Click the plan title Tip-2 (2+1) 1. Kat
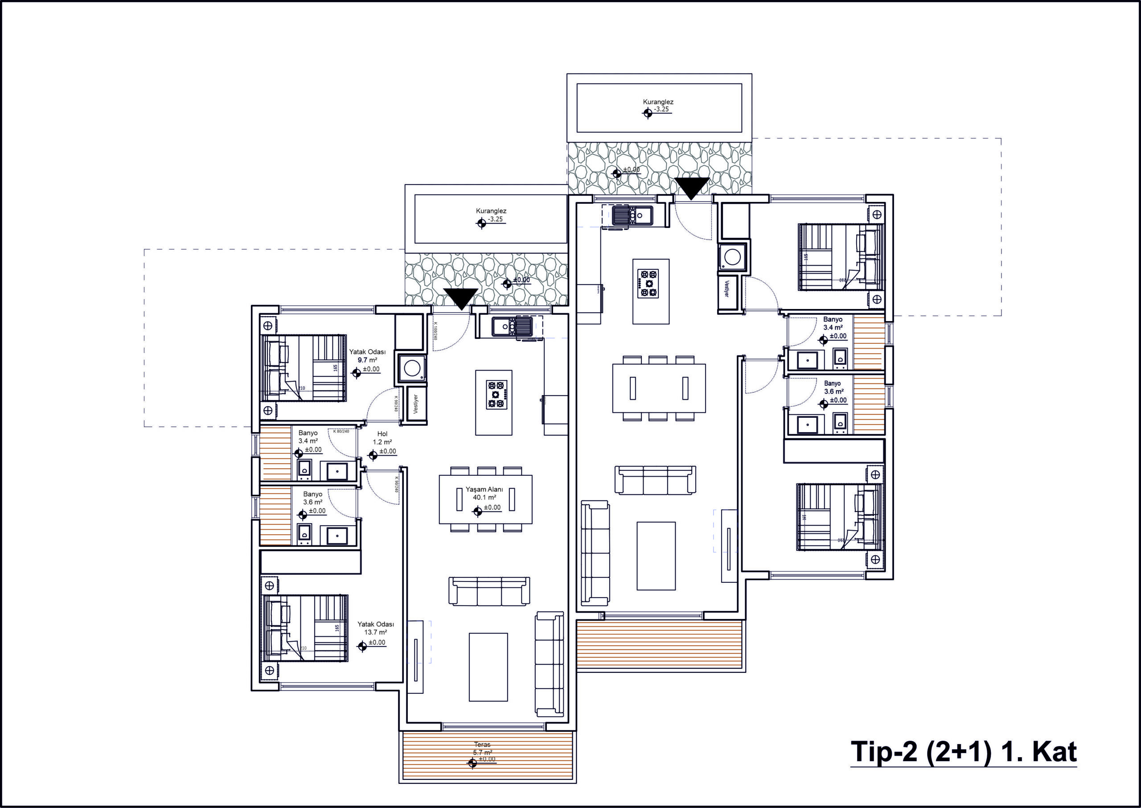click(964, 751)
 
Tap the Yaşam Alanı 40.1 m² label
click(484, 494)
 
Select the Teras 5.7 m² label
click(482, 749)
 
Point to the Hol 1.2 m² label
click(382, 438)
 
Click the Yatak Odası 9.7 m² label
click(367, 356)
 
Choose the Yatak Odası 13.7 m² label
click(375, 628)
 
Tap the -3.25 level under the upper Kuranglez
click(662, 109)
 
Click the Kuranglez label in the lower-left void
click(491, 211)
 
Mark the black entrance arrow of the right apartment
click(692, 188)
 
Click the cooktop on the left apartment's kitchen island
click(496, 395)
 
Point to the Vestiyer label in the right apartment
click(726, 289)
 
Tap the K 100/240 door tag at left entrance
click(435, 331)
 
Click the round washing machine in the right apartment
click(731, 257)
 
